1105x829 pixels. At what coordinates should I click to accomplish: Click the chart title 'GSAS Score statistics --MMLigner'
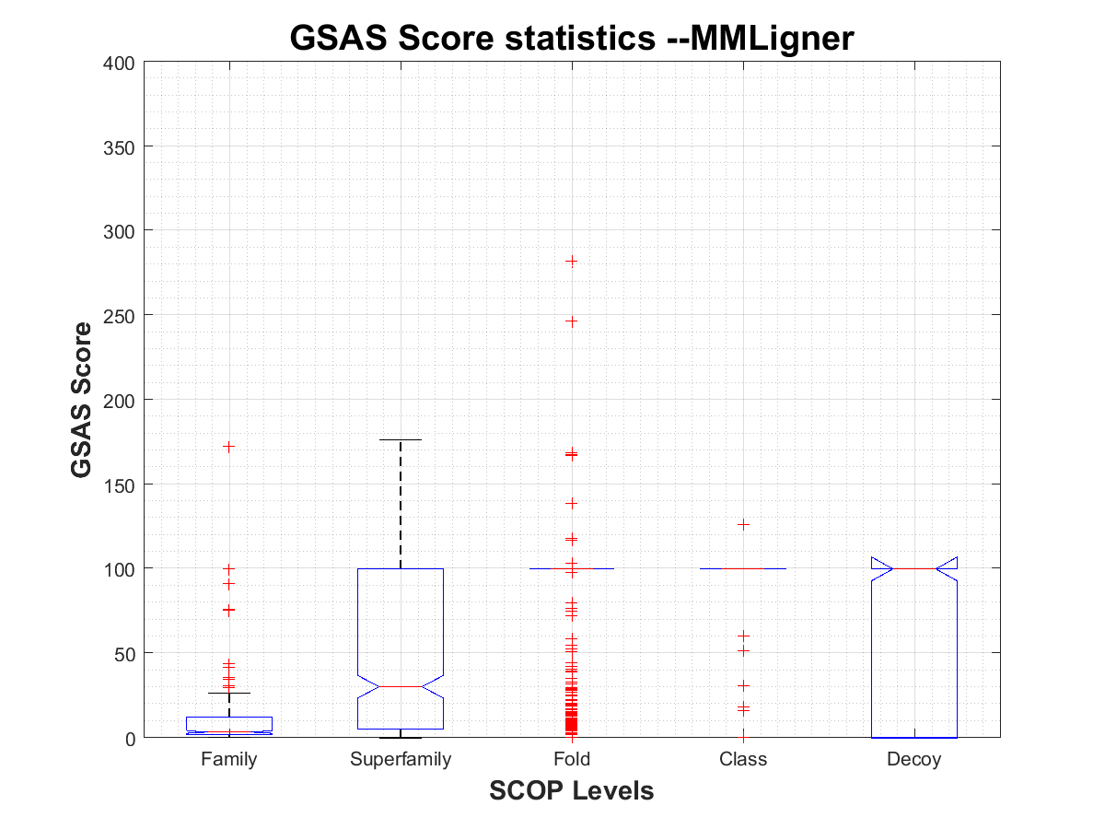coord(572,38)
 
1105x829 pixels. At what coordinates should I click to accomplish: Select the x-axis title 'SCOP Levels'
coord(572,790)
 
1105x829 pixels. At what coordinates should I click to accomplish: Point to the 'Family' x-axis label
coord(229,760)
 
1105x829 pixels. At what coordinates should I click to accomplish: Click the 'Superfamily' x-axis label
coord(401,760)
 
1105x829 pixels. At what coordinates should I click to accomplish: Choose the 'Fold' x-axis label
coord(572,760)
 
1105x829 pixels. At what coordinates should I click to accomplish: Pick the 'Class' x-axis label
coord(743,760)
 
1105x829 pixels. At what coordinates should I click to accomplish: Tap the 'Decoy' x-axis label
coord(914,760)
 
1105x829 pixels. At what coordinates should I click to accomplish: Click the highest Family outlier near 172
coord(229,447)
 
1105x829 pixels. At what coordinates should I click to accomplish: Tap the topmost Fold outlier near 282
coord(572,262)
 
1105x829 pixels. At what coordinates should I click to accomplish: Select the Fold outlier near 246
coord(572,321)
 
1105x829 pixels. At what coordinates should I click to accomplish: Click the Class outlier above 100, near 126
coord(743,525)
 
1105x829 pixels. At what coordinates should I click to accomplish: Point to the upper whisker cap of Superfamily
coord(401,440)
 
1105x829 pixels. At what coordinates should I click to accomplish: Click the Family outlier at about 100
coord(229,569)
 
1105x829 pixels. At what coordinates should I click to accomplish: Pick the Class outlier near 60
coord(743,636)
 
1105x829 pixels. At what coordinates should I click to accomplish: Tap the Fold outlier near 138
coord(572,503)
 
